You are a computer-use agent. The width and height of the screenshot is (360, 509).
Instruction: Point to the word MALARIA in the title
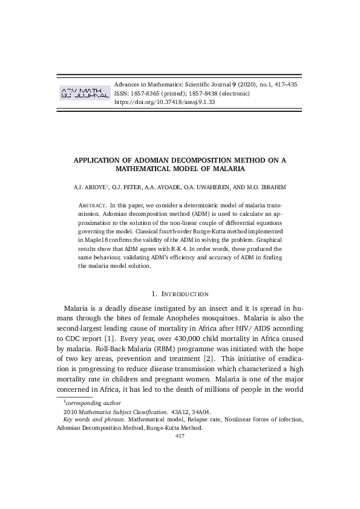226,169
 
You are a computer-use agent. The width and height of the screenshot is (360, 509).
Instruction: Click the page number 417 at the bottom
180,435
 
